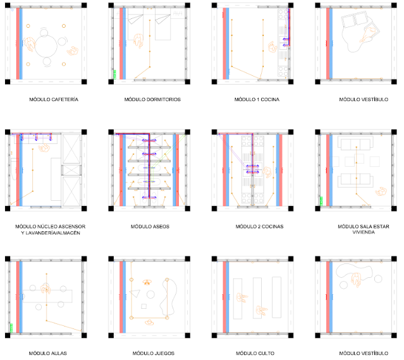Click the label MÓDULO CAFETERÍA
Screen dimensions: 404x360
click(54, 100)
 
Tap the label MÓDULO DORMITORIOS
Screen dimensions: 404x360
click(152, 100)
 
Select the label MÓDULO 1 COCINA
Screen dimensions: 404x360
click(257, 100)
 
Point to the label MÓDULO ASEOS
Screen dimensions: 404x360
click(150, 227)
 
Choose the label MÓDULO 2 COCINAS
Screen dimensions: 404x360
click(259, 227)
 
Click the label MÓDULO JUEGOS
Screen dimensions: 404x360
click(154, 353)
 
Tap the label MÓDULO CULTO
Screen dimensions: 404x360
click(255, 353)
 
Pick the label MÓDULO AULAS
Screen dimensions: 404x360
click(48, 353)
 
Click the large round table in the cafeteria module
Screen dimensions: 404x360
click(46, 47)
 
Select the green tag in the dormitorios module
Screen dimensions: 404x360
click(114, 75)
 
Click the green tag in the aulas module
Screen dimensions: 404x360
click(11, 328)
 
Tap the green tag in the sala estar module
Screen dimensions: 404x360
click(321, 201)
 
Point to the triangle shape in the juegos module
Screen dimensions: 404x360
click(135, 294)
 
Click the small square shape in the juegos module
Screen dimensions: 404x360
click(144, 306)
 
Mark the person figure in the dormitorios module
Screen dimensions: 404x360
click(138, 40)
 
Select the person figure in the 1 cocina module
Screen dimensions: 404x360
click(272, 47)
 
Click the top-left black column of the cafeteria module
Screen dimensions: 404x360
click(8, 5)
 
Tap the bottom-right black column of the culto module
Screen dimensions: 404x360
click(291, 335)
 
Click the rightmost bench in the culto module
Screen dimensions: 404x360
click(276, 297)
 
